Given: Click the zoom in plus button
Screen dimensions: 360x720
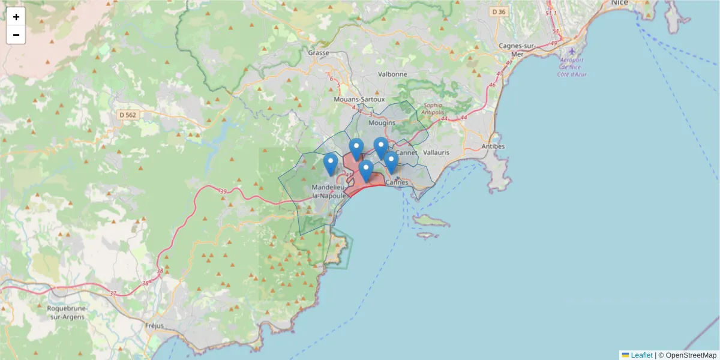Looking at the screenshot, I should (16, 17).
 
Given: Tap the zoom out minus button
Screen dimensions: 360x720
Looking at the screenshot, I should (16, 35).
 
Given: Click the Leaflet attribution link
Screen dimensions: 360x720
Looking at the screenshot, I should (641, 355).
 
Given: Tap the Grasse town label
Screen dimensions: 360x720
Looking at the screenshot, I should (319, 53).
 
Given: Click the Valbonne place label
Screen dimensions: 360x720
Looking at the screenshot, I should (392, 74).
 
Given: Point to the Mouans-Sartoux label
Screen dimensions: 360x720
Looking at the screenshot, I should (359, 99).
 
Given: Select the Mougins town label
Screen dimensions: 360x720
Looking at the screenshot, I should (382, 122).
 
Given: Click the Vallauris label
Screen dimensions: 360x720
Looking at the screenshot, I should (436, 152).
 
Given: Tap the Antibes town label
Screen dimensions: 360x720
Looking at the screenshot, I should (493, 146).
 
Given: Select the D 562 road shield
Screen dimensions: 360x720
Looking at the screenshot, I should (128, 115).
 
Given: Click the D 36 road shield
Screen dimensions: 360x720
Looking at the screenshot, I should (499, 11).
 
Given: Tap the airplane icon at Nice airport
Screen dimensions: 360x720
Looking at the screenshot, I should (572, 52).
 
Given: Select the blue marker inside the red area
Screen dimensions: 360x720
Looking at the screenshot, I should (366, 171).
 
